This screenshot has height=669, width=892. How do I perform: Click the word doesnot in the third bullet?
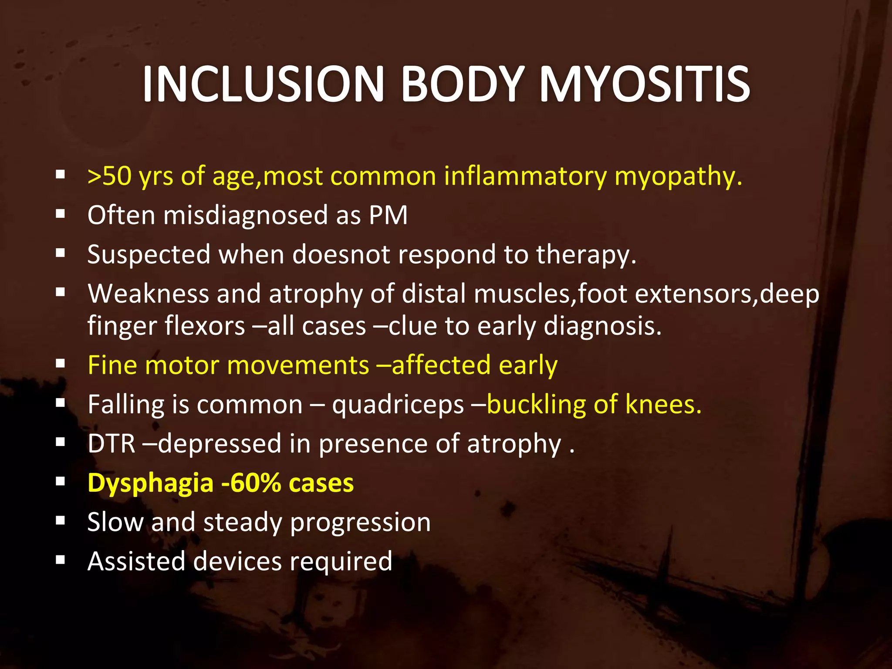tap(341, 254)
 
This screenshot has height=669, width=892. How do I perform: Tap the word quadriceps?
tap(398, 405)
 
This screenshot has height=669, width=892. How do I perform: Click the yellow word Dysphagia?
tap(150, 483)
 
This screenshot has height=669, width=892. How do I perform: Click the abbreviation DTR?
tap(111, 444)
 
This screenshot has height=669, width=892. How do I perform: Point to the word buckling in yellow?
tap(536, 405)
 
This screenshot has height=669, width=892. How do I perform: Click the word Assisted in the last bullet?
tap(136, 561)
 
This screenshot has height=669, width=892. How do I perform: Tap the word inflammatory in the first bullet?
tap(525, 176)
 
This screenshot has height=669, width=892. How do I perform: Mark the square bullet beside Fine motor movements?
tap(61, 364)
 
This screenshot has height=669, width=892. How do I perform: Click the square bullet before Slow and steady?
tap(61, 520)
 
